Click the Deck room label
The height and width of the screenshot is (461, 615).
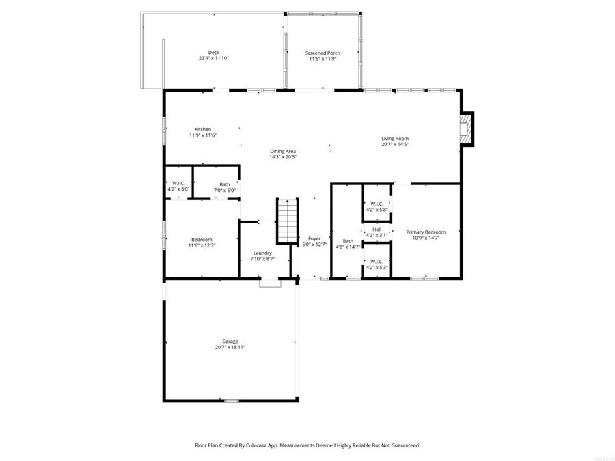tap(214, 53)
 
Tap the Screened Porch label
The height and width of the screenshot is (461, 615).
tap(323, 53)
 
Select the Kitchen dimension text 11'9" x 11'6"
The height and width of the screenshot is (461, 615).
tap(203, 135)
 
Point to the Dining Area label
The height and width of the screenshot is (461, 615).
tap(282, 151)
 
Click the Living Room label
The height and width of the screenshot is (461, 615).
tap(395, 139)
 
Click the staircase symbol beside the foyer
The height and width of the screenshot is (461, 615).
tap(288, 221)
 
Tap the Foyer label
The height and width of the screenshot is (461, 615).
tap(314, 238)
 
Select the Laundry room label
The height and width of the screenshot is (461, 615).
tap(262, 253)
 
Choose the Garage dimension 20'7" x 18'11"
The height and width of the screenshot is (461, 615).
tap(230, 348)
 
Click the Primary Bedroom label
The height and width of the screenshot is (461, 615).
tap(426, 232)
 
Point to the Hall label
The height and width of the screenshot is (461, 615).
tap(377, 229)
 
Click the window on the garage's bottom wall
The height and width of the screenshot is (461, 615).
tap(232, 400)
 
